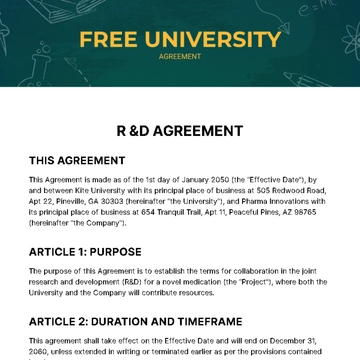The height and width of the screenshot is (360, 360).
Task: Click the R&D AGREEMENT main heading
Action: (180, 130)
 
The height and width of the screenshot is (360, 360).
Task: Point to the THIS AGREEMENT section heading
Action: (77, 160)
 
